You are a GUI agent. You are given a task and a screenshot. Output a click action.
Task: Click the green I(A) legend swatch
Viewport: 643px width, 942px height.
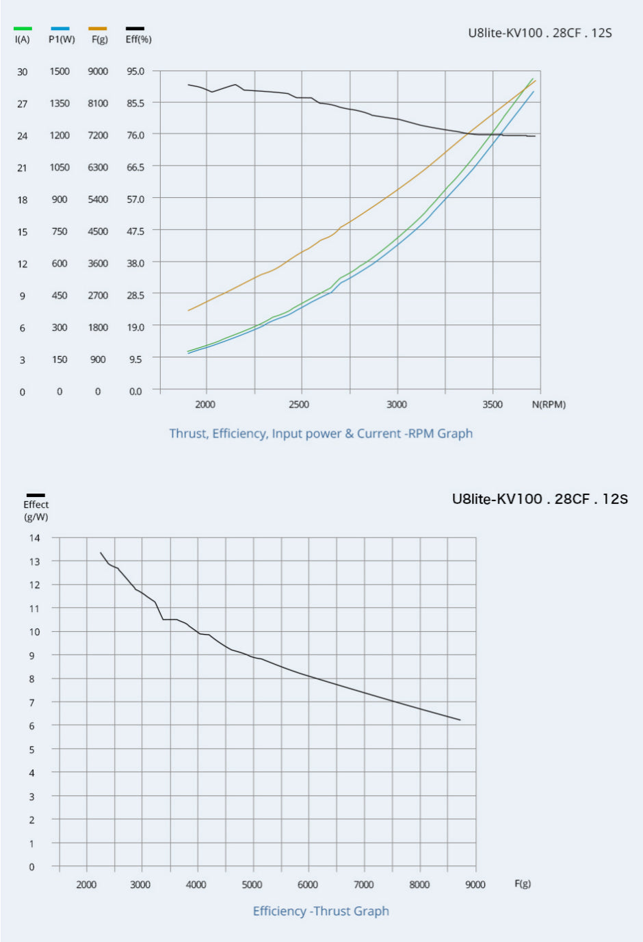[23, 29]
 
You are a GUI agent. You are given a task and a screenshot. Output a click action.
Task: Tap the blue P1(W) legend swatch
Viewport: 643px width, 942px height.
[60, 29]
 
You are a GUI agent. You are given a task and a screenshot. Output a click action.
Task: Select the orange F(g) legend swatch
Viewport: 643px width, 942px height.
[98, 29]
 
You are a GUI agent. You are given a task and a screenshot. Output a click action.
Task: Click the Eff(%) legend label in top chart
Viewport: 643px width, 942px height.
[138, 40]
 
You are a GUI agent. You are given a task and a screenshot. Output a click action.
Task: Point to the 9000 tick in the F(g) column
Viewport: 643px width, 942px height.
[98, 71]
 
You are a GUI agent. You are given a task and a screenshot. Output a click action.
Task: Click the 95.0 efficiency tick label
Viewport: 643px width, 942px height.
[135, 71]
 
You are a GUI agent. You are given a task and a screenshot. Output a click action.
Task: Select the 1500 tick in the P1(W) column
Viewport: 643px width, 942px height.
[60, 71]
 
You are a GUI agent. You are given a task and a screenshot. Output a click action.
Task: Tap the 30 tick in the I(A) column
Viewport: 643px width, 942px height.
[23, 72]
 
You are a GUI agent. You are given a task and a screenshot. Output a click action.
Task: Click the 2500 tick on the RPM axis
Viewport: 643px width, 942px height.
[299, 405]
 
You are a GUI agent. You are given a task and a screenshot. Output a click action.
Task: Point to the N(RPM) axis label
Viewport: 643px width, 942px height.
[549, 405]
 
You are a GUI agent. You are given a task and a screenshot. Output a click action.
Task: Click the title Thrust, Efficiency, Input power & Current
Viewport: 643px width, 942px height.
[321, 433]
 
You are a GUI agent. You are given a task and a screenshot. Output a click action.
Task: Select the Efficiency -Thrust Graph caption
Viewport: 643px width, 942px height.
[321, 911]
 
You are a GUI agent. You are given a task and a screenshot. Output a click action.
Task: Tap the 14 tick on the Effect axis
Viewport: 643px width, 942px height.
[34, 538]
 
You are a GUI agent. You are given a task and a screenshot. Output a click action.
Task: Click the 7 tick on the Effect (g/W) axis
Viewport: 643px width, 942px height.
[31, 702]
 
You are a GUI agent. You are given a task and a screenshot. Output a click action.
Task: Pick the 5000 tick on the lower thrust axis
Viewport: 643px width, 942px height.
[252, 884]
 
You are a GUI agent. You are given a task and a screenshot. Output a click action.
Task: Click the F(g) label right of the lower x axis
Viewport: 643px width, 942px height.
[523, 884]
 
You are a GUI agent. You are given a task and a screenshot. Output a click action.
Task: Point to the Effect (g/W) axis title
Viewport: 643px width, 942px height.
[36, 511]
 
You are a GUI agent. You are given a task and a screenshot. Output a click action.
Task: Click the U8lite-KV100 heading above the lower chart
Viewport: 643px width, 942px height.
[540, 499]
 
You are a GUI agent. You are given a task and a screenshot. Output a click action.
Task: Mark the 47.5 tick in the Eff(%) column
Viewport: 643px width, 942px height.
[135, 231]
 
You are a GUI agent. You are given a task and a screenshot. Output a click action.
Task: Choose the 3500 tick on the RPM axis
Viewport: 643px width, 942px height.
[493, 405]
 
